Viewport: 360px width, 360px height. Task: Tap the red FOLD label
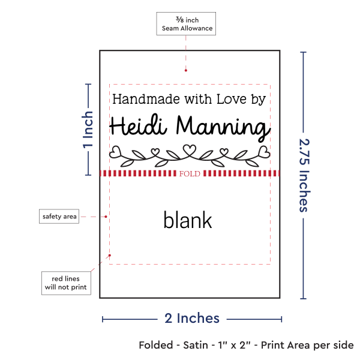(x=189, y=174)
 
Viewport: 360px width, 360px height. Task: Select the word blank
(x=188, y=220)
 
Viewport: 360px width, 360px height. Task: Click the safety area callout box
(x=59, y=216)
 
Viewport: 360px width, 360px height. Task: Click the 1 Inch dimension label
(x=88, y=129)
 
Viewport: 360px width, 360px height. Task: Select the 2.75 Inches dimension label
(x=304, y=175)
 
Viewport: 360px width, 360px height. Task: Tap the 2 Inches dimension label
(x=192, y=318)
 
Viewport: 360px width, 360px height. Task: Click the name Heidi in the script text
(x=139, y=127)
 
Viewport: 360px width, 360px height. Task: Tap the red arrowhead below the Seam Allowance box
(x=185, y=70)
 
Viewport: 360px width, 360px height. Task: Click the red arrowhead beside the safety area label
(x=106, y=216)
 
